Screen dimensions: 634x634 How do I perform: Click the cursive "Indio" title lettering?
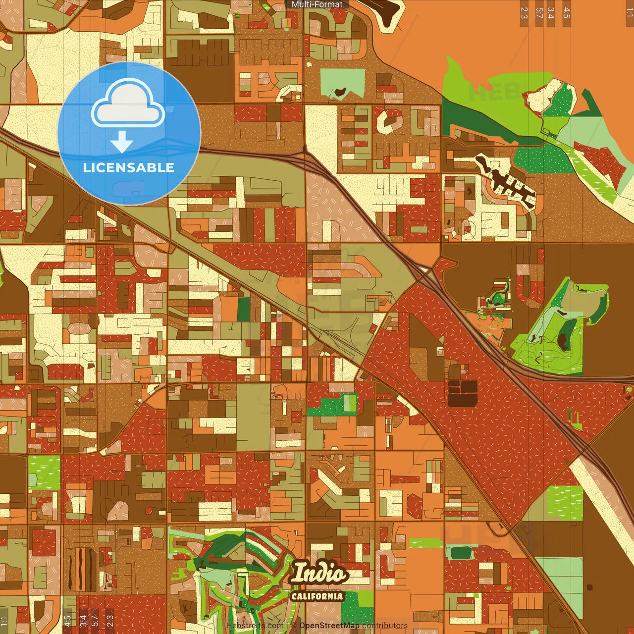pyautogui.click(x=319, y=574)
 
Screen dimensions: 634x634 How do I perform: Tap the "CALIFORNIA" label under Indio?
pyautogui.click(x=317, y=596)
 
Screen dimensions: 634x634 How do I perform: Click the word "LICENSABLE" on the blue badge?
pyautogui.click(x=129, y=167)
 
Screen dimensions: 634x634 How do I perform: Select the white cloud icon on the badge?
pyautogui.click(x=128, y=105)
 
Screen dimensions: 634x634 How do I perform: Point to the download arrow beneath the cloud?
pyautogui.click(x=122, y=142)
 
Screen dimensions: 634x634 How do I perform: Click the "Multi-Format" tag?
pyautogui.click(x=317, y=4)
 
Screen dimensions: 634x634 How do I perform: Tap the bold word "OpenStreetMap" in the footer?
pyautogui.click(x=329, y=626)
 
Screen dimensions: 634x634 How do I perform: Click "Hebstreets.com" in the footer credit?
pyautogui.click(x=255, y=626)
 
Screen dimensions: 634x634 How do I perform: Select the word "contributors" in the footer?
pyautogui.click(x=385, y=626)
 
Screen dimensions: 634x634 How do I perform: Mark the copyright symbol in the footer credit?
pyautogui.click(x=294, y=626)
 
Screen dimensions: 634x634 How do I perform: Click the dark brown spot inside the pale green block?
pyautogui.click(x=340, y=91)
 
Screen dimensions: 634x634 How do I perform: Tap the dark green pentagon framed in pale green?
pyautogui.click(x=460, y=552)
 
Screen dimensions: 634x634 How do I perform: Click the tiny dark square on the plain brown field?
pyautogui.click(x=589, y=587)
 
